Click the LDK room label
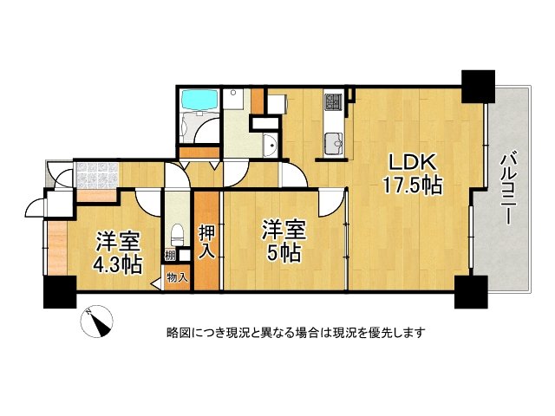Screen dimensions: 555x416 coord(412,162)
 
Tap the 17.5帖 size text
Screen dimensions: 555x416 coord(413,185)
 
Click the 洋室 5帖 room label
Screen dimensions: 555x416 coord(284,241)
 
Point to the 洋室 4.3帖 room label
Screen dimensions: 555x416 coord(117,252)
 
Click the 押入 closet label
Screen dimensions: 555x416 coord(206,242)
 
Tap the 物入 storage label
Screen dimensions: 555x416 coord(177,277)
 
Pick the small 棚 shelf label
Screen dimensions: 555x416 coord(171,255)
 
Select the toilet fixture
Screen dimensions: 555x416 coord(177,234)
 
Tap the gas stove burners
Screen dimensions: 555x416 coord(333,101)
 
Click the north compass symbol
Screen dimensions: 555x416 coord(96,322)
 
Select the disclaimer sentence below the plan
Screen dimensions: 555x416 coord(296,333)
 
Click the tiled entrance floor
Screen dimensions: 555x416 coord(96,174)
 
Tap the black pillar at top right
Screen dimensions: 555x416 coord(478,87)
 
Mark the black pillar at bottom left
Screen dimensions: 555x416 coord(60,292)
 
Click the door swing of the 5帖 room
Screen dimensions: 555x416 coord(331,204)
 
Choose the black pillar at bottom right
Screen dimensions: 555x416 coord(472,292)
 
